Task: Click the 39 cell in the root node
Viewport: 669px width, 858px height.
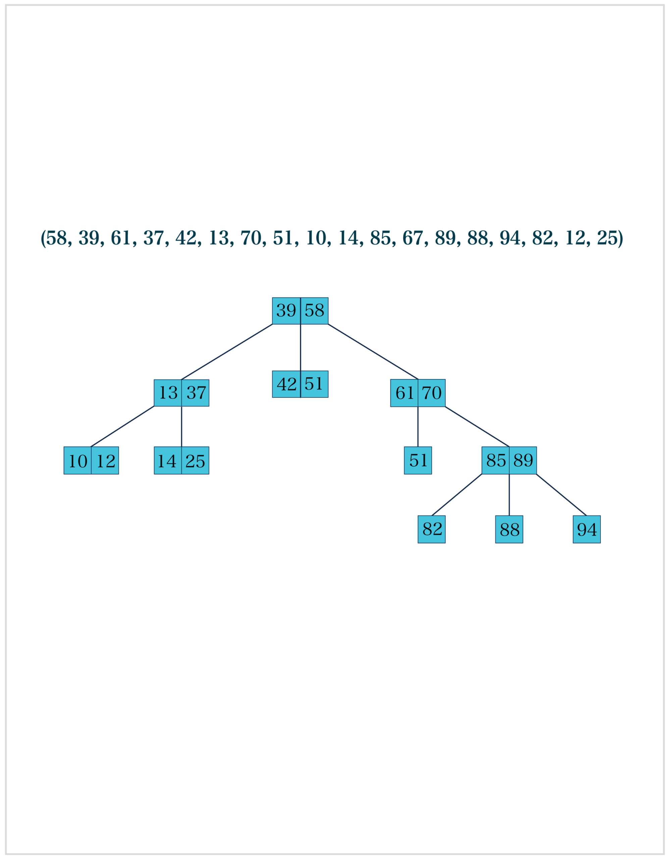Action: (x=286, y=311)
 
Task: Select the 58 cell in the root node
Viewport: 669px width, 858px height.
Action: (x=314, y=311)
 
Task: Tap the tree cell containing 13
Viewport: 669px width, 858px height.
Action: (x=168, y=393)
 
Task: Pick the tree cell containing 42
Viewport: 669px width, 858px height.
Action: (x=286, y=384)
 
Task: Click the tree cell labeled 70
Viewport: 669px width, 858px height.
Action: (x=431, y=393)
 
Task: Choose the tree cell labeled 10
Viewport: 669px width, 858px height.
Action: (x=78, y=461)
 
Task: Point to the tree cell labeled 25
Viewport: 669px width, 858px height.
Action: (x=195, y=461)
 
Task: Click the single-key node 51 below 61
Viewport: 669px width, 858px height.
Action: (x=418, y=461)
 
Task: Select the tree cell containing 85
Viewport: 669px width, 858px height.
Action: (x=496, y=461)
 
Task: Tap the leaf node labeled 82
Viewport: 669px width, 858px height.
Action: (x=431, y=529)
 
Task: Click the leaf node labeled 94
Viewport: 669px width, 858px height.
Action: (x=586, y=529)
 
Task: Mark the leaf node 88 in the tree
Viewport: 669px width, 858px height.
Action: (x=509, y=529)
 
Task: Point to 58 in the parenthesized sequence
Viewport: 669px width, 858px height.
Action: (x=57, y=238)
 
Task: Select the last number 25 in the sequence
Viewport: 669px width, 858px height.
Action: (x=607, y=238)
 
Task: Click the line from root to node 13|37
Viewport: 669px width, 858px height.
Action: (x=227, y=352)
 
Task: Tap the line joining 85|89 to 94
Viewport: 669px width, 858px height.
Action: (x=561, y=495)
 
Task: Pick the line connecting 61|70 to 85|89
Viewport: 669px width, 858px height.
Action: (x=477, y=427)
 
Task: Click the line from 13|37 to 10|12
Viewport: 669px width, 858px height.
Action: (x=123, y=427)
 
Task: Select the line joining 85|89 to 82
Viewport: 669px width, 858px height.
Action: (x=457, y=495)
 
